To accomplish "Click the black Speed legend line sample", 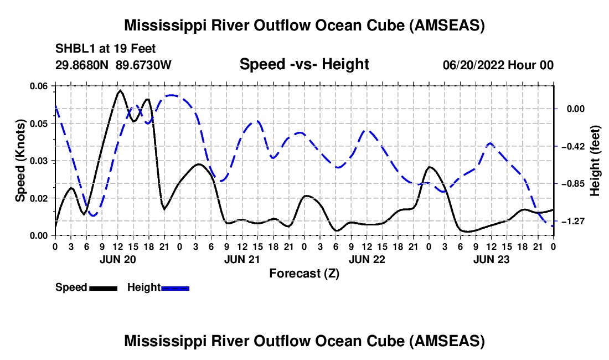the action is click(104, 288).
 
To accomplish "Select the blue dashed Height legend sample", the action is click(175, 288).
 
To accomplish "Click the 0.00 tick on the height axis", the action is click(576, 109).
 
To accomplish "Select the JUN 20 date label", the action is click(118, 259).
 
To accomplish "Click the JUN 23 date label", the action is click(491, 259).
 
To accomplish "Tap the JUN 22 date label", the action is click(367, 259).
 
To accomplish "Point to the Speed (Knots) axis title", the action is click(20, 161).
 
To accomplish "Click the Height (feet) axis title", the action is click(595, 161).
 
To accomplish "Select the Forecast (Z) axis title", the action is click(304, 274).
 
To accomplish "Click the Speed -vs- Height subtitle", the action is click(304, 64).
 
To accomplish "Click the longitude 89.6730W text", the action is click(143, 65).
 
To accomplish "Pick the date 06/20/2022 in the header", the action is click(473, 65).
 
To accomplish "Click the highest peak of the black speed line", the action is click(120, 90).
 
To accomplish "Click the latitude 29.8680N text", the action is click(82, 65).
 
